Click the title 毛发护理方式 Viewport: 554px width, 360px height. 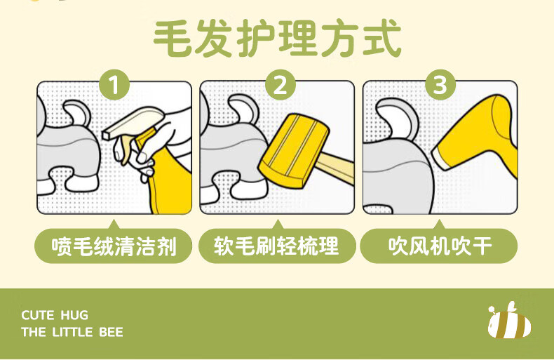point(278,38)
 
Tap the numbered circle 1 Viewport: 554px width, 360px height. point(114,85)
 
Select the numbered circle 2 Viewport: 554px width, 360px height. point(280,85)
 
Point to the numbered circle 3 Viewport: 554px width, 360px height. point(440,85)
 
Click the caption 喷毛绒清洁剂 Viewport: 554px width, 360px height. point(114,246)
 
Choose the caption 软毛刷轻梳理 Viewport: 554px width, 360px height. point(276,246)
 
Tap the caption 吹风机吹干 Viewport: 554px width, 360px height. point(440,246)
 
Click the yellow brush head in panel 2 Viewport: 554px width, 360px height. point(294,151)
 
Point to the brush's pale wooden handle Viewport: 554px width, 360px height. point(336,168)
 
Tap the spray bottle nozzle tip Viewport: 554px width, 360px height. point(106,135)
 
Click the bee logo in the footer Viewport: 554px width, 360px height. point(509,321)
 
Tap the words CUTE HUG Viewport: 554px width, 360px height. point(55,315)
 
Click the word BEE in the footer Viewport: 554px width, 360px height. point(111,332)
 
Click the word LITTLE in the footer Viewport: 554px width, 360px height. point(72,332)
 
